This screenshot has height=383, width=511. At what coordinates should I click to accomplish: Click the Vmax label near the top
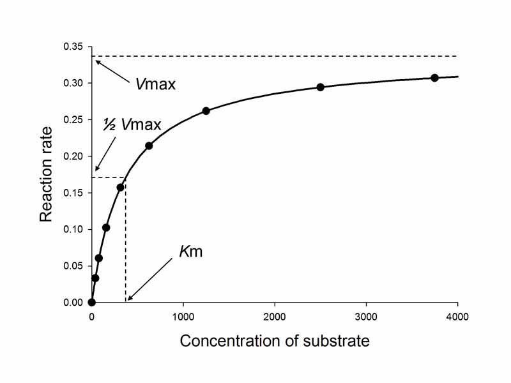155,84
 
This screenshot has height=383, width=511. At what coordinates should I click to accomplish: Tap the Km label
190,252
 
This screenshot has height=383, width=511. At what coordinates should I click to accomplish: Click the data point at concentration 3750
434,78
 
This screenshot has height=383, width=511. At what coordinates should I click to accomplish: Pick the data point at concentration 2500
321,87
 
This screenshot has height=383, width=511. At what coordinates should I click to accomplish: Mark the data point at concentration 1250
206,111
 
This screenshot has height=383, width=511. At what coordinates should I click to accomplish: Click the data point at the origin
92,303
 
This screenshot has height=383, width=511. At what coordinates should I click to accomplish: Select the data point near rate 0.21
149,146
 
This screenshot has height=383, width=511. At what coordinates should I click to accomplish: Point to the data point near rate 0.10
106,227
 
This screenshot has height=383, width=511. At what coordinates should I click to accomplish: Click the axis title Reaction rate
46,174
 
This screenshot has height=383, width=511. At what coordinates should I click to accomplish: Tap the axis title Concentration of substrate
275,341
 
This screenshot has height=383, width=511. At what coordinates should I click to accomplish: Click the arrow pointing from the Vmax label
115,70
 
